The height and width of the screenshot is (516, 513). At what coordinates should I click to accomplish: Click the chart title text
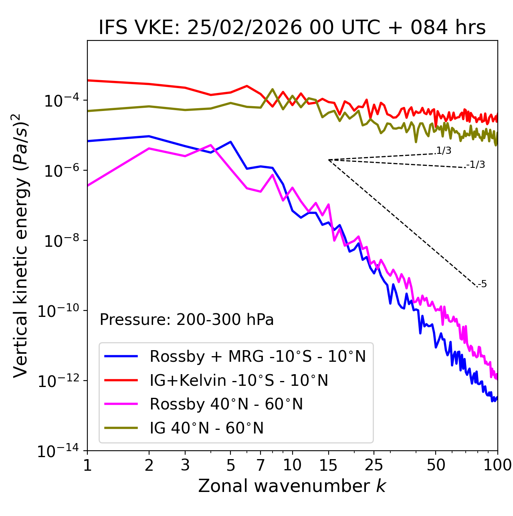(292, 28)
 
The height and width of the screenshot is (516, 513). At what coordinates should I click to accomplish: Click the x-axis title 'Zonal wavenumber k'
(292, 486)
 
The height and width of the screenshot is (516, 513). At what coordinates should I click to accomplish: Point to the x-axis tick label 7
(261, 465)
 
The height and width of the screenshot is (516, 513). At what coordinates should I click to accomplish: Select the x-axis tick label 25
(374, 465)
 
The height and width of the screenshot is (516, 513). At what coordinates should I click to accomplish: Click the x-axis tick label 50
(436, 465)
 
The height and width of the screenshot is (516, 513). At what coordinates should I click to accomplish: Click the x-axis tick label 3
(185, 465)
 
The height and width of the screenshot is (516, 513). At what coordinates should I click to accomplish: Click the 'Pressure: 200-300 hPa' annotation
(187, 320)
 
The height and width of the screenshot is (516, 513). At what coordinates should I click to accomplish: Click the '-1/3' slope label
(476, 165)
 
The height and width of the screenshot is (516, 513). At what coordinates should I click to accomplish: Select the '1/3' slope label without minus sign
(444, 151)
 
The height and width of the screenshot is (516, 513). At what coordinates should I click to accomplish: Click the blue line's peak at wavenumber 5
(230, 142)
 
